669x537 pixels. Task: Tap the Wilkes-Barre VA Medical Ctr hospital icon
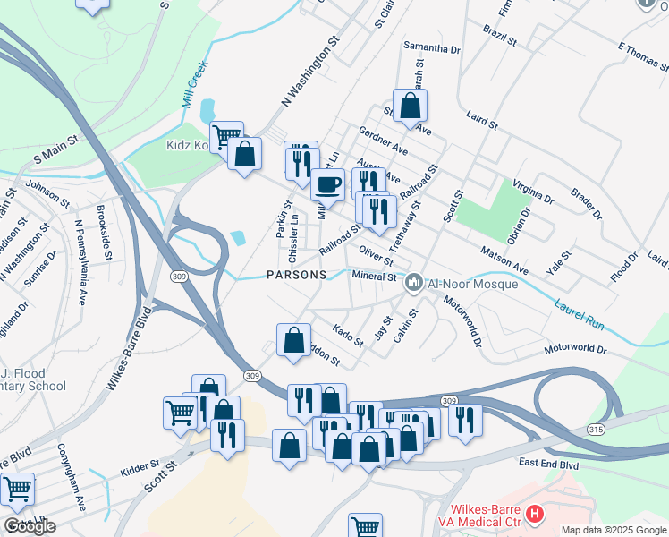(x=535, y=514)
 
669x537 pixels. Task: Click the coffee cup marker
(x=327, y=184)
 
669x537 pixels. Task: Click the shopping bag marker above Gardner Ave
(x=410, y=107)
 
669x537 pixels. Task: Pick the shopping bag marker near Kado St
(x=293, y=340)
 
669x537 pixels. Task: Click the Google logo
(x=30, y=526)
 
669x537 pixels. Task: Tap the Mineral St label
(x=374, y=277)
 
